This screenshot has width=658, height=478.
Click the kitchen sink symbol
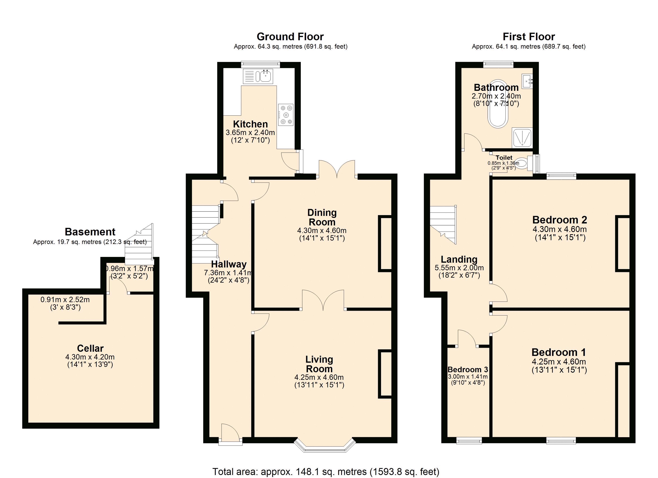point(265,76)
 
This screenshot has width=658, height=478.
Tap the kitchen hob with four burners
point(286,115)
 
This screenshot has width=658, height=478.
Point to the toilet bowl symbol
point(521,163)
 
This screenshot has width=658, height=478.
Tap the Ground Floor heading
point(290,37)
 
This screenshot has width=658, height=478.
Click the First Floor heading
point(529,37)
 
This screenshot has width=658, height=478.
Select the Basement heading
point(90,232)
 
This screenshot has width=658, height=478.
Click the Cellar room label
point(90,348)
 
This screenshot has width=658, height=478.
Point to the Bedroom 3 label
point(468,370)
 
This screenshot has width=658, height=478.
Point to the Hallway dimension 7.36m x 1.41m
point(228,273)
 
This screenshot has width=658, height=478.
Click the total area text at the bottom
point(326,472)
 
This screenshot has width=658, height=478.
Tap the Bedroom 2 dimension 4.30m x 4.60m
point(559,229)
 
